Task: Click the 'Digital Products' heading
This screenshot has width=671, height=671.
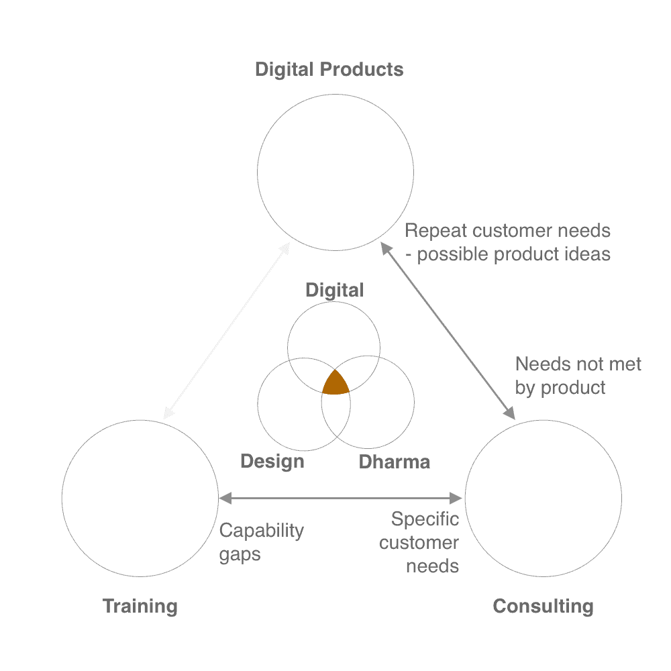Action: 329,70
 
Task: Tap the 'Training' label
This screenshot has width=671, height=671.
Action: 140,607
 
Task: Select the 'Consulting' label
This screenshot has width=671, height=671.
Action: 543,607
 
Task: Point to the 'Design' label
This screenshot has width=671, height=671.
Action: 272,462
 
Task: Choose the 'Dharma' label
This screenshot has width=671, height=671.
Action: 394,462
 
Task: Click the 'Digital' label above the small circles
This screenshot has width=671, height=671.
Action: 335,290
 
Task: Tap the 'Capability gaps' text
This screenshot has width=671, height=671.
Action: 262,542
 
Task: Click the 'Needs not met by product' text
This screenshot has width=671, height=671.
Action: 578,376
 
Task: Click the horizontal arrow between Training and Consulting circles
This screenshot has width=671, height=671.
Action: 341,498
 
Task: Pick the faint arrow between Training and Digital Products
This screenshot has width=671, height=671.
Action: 226,331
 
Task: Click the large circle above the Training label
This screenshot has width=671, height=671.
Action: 140,497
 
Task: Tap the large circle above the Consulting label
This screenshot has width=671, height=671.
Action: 543,497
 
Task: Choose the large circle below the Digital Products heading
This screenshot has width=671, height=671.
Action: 335,172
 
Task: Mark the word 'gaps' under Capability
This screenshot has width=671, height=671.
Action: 240,556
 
